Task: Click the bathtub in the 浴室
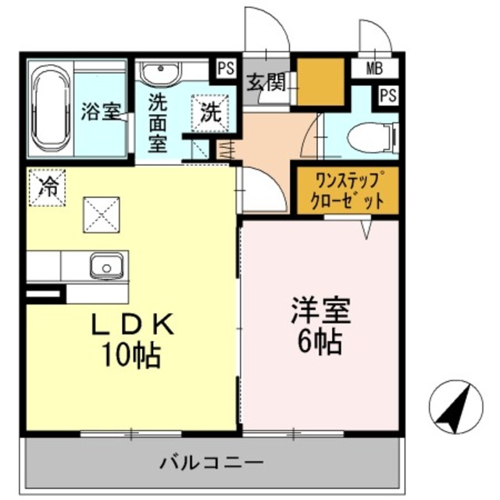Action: point(52,110)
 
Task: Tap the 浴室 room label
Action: point(101,111)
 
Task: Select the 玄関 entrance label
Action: point(266,81)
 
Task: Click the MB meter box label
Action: point(374,69)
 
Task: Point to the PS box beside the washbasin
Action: point(225,68)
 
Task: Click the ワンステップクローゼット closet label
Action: point(347,190)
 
